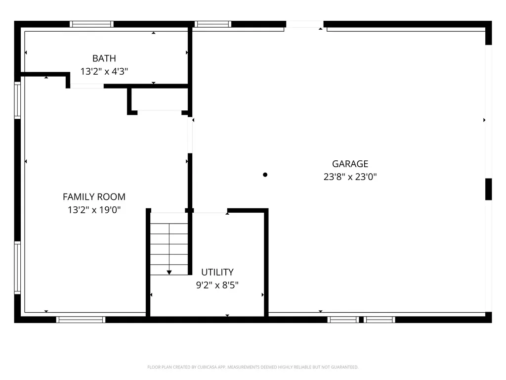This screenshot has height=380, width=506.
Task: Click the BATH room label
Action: (x=104, y=58)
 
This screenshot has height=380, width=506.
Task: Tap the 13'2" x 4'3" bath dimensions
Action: (x=104, y=71)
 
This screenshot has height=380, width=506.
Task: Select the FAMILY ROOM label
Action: (x=94, y=197)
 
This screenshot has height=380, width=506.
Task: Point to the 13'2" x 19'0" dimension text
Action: (x=94, y=210)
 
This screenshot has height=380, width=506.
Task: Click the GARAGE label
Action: (x=350, y=164)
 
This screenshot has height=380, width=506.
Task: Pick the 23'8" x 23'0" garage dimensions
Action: (x=350, y=177)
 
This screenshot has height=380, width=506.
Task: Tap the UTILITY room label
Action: (x=217, y=272)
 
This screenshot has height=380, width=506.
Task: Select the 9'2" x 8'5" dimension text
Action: (x=217, y=285)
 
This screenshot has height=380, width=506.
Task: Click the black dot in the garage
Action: (x=265, y=175)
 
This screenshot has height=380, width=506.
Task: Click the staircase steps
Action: (x=169, y=244)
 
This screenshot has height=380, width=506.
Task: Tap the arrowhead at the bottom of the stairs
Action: (x=169, y=273)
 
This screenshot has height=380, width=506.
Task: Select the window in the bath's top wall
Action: (x=91, y=24)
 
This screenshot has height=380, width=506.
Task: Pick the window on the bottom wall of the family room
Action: (x=81, y=320)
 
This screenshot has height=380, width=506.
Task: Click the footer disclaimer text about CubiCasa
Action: (x=253, y=367)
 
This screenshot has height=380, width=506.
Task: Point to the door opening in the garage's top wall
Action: (x=304, y=24)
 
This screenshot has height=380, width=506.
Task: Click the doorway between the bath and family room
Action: (x=87, y=86)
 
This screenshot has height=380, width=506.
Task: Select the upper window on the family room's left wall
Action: (x=17, y=100)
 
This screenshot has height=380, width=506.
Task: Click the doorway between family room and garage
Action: (x=190, y=135)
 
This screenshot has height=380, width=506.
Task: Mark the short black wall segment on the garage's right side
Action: (x=489, y=189)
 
